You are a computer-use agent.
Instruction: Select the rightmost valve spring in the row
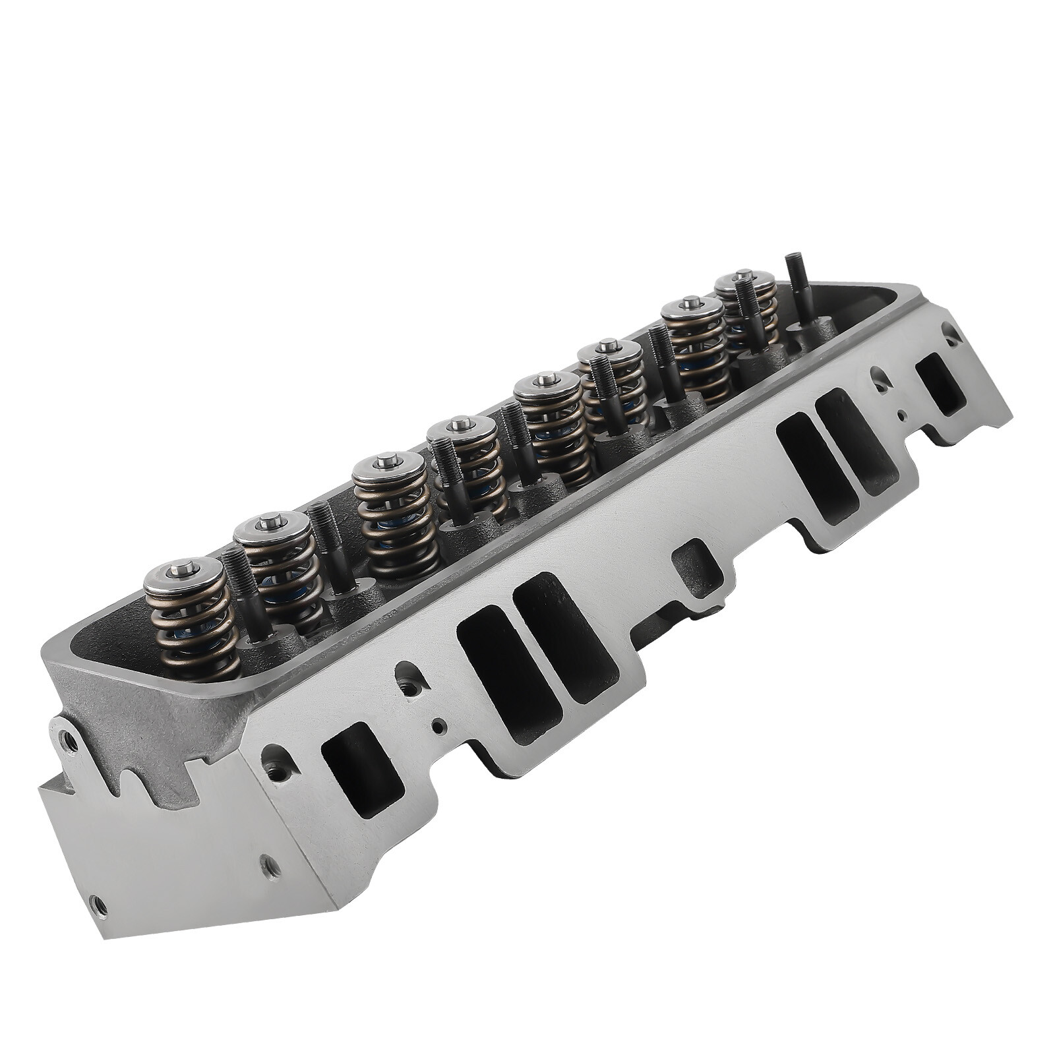[748, 310]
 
